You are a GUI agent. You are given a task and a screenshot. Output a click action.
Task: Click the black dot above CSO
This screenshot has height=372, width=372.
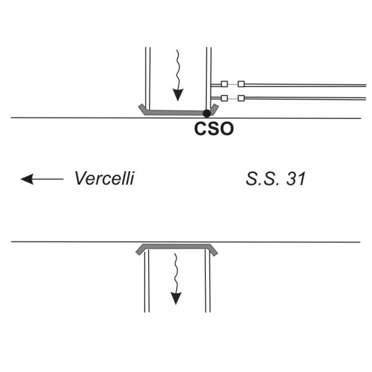tap(206, 113)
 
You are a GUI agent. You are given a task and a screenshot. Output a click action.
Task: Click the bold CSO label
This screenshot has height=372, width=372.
tap(214, 129)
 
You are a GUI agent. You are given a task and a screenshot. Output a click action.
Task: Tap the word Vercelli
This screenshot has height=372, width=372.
tap(104, 178)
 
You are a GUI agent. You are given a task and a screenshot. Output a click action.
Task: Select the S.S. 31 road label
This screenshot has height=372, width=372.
tap(275, 179)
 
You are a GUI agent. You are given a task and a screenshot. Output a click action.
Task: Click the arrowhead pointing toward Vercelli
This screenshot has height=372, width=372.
tap(27, 179)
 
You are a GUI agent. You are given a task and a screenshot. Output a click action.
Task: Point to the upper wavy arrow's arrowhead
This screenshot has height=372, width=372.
tap(178, 95)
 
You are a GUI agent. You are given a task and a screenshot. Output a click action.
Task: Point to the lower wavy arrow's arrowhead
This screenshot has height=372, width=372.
tap(176, 298)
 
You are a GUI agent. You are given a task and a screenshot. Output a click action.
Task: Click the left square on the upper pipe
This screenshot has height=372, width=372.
tap(224, 84)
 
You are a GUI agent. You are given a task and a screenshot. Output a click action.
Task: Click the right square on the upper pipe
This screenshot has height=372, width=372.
tap(241, 84)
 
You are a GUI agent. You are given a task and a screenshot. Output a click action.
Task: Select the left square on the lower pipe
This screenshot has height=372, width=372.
tap(224, 98)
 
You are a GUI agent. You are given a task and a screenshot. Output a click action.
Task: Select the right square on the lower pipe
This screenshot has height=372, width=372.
tap(241, 98)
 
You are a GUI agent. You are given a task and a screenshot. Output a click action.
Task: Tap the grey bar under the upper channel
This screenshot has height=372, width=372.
tap(175, 112)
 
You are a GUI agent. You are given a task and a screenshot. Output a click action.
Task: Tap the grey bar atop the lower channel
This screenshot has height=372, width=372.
tap(177, 246)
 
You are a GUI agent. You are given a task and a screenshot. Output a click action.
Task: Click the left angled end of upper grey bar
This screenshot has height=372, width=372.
tap(142, 108)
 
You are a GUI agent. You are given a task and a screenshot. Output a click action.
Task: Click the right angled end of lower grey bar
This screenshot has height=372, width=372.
tap(213, 250)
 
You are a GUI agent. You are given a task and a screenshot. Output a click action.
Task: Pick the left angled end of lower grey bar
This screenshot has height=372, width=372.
tap(141, 250)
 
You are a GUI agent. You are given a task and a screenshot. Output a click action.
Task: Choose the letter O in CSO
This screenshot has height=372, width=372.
tap(226, 129)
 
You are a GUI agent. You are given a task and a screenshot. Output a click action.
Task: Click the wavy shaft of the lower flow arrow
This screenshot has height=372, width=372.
tap(176, 273)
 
